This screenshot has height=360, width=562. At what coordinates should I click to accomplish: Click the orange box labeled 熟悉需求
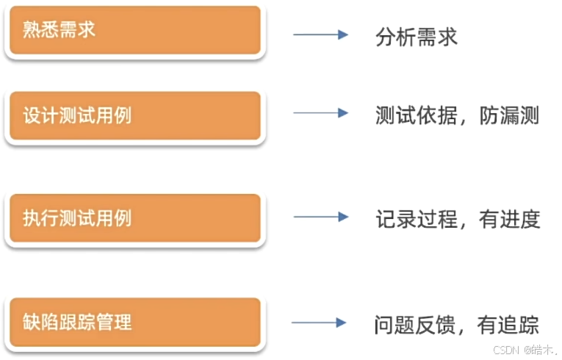(134, 31)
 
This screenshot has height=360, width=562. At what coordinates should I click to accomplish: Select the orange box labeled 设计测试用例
(134, 115)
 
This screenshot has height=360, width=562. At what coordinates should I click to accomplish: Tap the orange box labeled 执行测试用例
(134, 218)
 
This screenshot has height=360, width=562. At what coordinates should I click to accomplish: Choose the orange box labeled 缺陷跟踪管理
(134, 322)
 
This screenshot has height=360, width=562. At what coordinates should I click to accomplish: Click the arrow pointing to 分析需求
(320, 35)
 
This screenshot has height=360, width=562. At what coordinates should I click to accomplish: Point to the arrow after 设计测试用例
(320, 112)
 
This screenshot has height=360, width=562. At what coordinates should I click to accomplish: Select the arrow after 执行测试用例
(320, 217)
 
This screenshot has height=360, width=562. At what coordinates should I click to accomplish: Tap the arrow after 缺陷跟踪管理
(319, 323)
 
